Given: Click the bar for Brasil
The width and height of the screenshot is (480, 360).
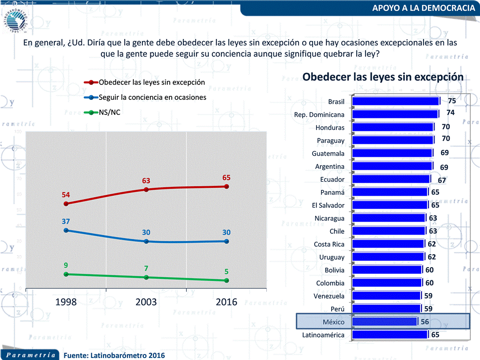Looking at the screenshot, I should tap(396, 101).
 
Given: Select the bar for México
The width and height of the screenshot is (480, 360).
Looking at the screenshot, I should tap(385, 322).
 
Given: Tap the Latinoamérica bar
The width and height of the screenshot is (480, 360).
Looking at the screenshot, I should tap(390, 335).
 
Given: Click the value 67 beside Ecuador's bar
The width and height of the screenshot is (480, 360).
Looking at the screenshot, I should tap(442, 180).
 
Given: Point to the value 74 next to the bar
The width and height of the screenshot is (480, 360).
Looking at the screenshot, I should tap(451, 113).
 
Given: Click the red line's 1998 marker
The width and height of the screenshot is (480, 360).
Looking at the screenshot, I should tap(66, 204).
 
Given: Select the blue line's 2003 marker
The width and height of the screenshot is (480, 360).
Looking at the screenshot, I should tap(146, 241).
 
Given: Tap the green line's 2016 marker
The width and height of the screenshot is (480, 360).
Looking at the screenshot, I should tap(227, 281).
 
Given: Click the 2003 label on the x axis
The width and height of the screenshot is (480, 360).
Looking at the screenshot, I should tap(146, 302).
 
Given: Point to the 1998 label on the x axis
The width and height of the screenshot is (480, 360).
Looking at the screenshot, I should tap(66, 302).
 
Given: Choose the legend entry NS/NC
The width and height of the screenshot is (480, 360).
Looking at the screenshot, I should tap(109, 112).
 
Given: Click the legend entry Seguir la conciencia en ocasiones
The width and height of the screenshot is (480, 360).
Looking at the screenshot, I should tap(152, 97).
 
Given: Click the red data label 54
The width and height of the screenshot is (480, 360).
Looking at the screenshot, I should tap(66, 194).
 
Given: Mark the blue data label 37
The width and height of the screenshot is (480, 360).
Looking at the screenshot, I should tap(66, 220).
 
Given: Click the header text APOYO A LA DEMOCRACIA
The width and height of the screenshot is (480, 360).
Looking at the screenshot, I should tap(424, 8).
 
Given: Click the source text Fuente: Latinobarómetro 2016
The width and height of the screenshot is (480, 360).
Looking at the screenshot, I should tap(114, 355).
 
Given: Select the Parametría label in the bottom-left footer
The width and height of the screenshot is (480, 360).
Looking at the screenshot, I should tap(31, 355).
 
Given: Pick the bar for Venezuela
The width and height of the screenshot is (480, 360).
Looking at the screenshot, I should tap(386, 296).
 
